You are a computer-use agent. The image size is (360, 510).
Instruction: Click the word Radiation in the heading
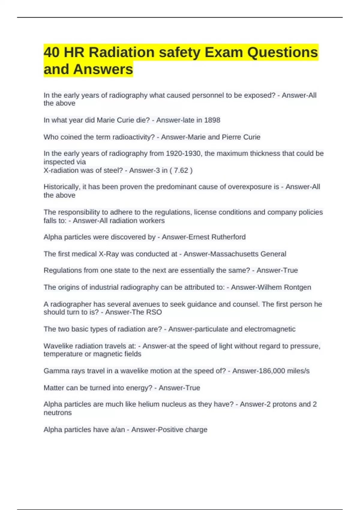click(122, 52)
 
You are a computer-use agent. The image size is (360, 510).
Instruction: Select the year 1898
click(212, 120)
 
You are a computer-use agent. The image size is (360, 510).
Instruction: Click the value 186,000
click(259, 371)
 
